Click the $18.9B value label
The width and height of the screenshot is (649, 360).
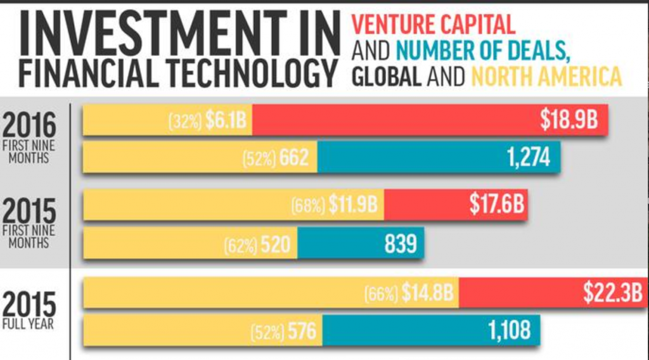pyautogui.click(x=569, y=120)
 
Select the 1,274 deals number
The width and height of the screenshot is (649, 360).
pyautogui.click(x=529, y=158)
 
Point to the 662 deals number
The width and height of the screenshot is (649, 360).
pyautogui.click(x=295, y=158)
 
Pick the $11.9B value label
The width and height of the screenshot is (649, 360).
pyautogui.click(x=353, y=205)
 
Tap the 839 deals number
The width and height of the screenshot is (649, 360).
pyautogui.click(x=401, y=244)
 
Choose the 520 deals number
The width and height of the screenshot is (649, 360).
pyautogui.click(x=276, y=244)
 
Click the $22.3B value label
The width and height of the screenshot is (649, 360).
pyautogui.click(x=612, y=293)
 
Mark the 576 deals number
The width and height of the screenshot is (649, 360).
pyautogui.click(x=301, y=331)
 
